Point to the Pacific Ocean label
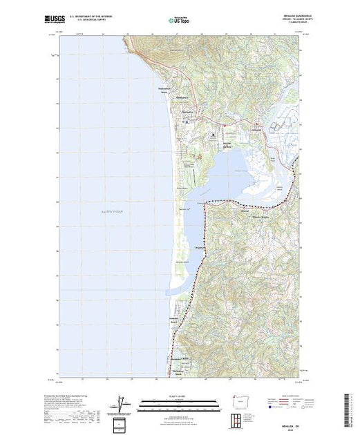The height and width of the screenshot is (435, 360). [108, 201]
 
